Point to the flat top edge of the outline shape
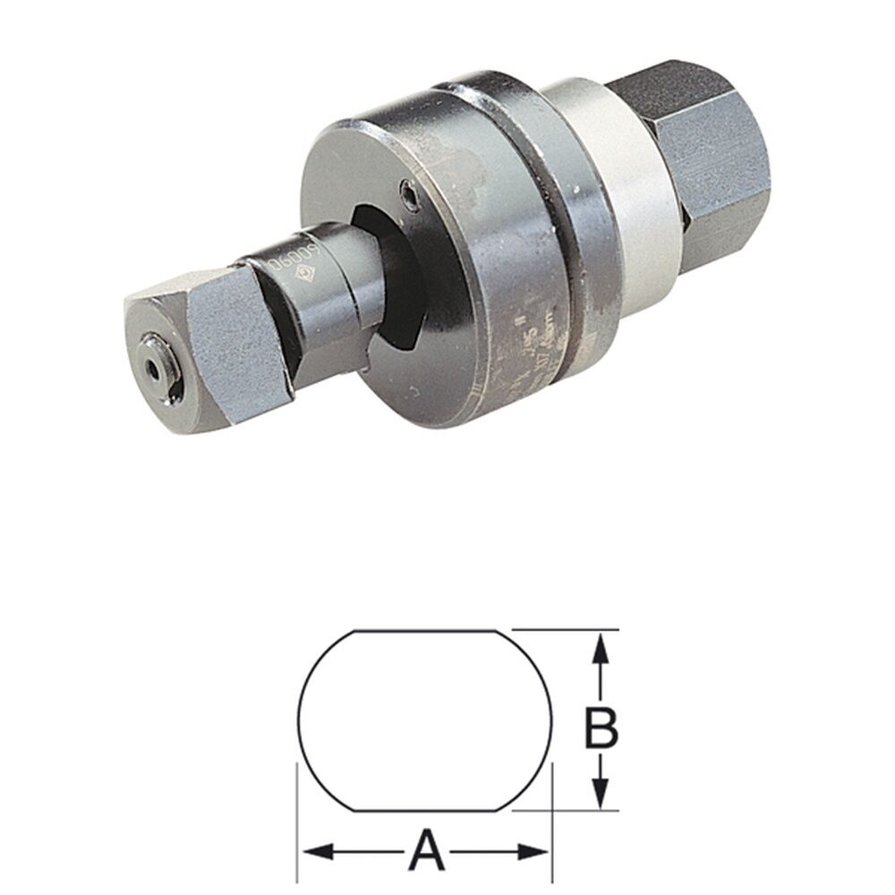[428, 631]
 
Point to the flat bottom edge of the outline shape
[428, 811]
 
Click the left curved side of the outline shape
[298, 720]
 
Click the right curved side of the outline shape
[552, 720]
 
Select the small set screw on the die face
[409, 192]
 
